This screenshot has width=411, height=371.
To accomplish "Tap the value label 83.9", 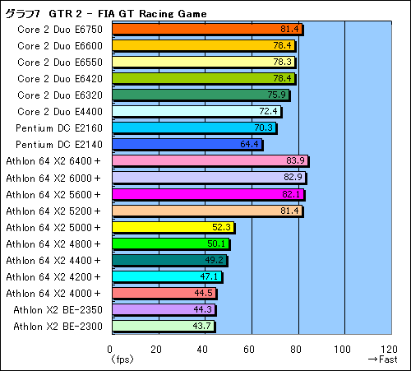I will click(296, 160).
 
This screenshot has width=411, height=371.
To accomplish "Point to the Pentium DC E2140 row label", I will click(59, 144).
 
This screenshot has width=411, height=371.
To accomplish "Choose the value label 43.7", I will click(201, 326).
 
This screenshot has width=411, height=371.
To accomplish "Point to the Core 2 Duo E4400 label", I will click(59, 111).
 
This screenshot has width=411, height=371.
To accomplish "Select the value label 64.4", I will click(250, 144).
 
